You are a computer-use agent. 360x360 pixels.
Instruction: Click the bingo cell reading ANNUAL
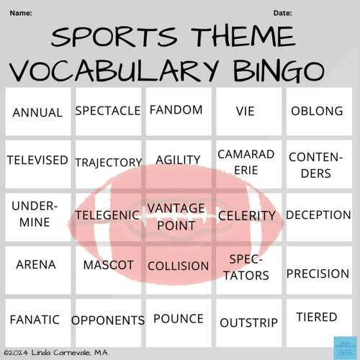pyautogui.click(x=37, y=112)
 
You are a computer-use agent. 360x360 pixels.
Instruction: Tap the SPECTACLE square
pyautogui.click(x=107, y=111)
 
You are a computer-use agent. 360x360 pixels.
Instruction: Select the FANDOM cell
pyautogui.click(x=176, y=110)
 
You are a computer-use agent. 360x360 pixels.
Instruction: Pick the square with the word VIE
pyautogui.click(x=245, y=112)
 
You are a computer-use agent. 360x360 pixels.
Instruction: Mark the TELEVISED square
pyautogui.click(x=37, y=160)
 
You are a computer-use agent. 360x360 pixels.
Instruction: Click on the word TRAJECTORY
pyautogui.click(x=108, y=163)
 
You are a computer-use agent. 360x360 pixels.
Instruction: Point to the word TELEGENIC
pyautogui.click(x=108, y=215)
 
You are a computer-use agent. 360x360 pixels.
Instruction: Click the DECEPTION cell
pyautogui.click(x=318, y=215)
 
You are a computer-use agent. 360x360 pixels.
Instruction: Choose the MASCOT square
pyautogui.click(x=108, y=265)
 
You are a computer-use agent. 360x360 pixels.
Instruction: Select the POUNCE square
pyautogui.click(x=179, y=318)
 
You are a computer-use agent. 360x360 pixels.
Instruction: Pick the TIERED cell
pyautogui.click(x=316, y=317)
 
